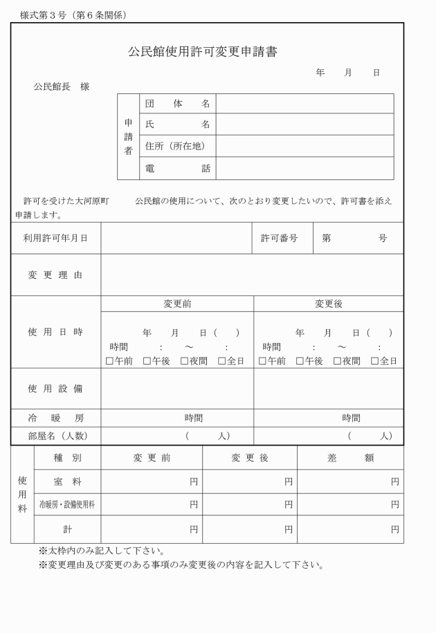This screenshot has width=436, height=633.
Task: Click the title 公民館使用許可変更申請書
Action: pos(202,52)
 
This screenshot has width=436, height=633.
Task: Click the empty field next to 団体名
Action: pos(305,104)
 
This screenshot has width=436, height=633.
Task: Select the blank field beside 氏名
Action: pos(305,125)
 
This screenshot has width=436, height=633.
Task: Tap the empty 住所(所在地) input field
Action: pos(305,146)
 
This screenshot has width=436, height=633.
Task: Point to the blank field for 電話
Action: pos(305,168)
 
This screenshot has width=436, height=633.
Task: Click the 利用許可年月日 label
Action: pos(55,238)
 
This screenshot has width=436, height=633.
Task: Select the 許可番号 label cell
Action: pos(280,238)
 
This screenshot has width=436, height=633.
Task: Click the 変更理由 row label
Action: pos(55,275)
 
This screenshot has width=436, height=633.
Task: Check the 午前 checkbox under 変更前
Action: pos(109,361)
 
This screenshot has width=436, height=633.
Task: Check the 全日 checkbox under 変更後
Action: pos(374,361)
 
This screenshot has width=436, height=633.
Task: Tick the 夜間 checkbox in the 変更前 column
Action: pos(185,361)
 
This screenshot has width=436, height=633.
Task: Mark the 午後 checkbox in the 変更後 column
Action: pos(300,361)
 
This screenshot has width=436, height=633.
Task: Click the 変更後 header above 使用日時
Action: pos(328,304)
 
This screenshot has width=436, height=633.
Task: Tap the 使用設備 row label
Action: pos(55,388)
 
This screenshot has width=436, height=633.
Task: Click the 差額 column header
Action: pos(350,458)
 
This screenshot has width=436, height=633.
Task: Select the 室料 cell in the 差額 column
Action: pos(350,481)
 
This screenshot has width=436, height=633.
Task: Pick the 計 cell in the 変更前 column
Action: pos(152,529)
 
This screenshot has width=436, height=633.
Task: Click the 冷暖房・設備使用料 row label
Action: pos(67,505)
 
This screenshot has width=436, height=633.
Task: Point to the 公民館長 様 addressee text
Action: pos(62,87)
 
